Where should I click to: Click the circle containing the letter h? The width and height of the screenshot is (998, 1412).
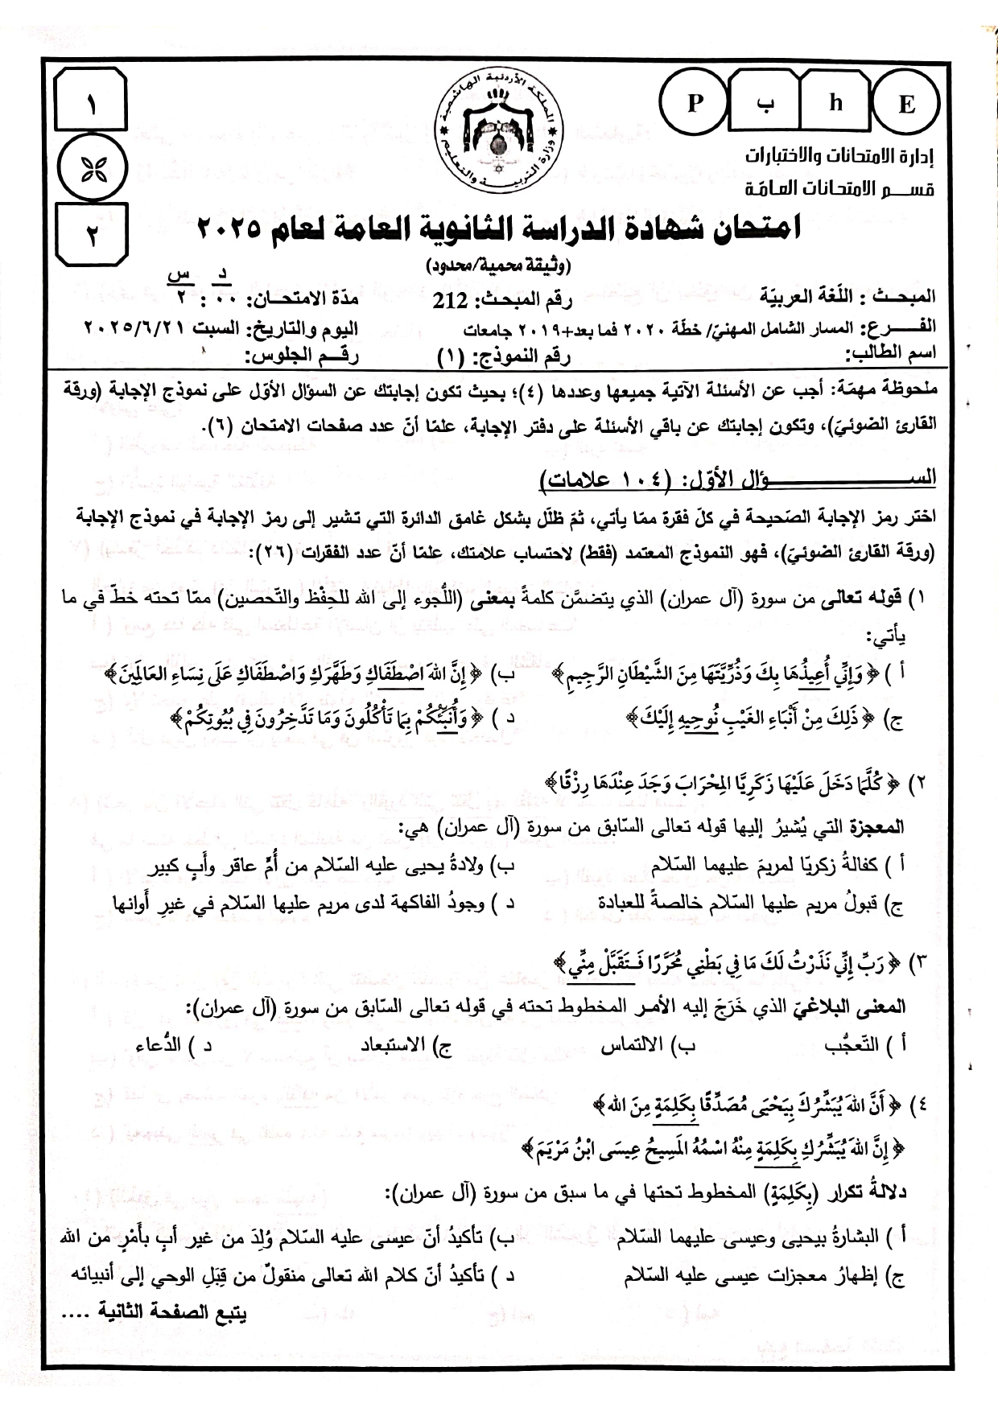point(836,105)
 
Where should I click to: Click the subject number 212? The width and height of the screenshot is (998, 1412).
point(450,302)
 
